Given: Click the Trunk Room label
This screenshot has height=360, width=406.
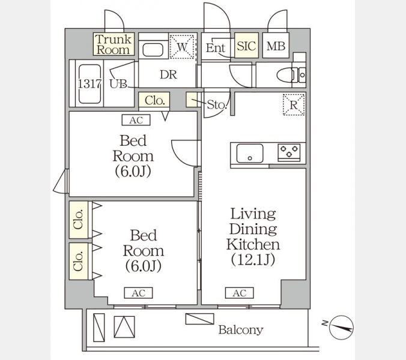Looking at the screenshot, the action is click(114, 44).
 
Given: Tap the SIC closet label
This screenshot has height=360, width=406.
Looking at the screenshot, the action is click(246, 46).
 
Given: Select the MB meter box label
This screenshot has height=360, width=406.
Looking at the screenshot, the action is click(276, 46).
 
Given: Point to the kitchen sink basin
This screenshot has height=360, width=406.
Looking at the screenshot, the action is click(250, 154).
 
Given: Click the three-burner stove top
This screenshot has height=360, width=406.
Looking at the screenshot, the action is click(289, 152).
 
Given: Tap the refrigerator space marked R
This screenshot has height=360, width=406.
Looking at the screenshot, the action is click(294, 105).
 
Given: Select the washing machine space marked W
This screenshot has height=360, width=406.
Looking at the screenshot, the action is click(182, 47).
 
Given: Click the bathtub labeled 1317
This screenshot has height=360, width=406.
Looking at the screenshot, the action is click(89, 84).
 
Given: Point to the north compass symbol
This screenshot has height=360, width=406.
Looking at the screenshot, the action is click(341, 327).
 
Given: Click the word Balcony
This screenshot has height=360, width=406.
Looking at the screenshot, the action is click(241, 330).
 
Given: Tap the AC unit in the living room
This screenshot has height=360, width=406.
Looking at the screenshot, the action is click(239, 293).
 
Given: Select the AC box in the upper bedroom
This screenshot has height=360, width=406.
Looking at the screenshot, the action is click(136, 120).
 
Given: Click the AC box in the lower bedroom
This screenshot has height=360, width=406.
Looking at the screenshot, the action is click(139, 293).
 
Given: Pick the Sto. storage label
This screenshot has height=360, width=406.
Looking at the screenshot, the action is click(217, 105).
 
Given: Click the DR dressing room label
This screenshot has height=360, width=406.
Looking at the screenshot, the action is click(169, 75).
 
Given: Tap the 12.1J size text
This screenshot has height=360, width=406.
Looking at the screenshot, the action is click(253, 259).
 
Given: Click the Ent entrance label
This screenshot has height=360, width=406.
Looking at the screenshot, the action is click(216, 48).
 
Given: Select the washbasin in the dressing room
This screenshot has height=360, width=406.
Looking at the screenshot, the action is click(153, 50).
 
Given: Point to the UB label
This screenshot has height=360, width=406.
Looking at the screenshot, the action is click(118, 84).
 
